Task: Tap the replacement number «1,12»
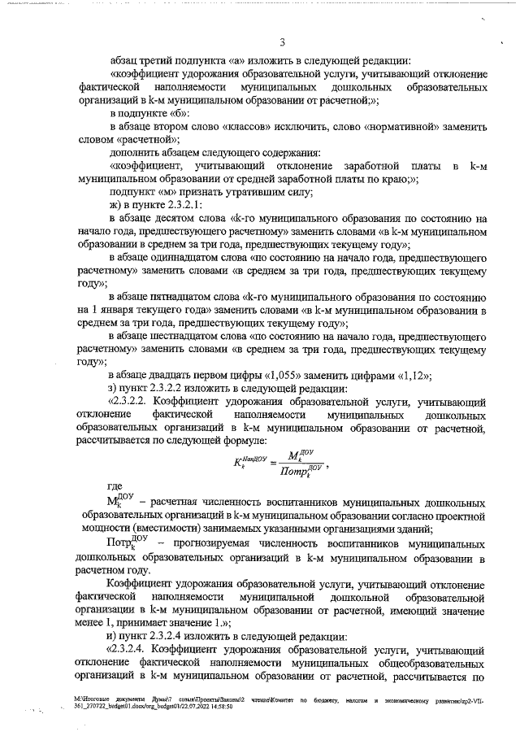tap(412, 375)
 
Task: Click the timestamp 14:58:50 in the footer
tap(219, 708)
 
